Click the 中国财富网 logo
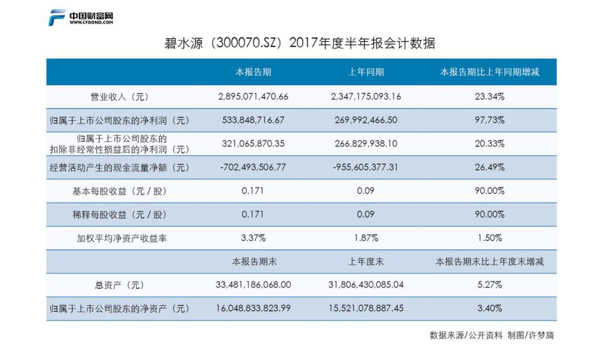pos(81,18)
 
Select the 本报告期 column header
pos(254,73)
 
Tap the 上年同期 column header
pos(366,73)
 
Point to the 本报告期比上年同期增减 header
pos(489,73)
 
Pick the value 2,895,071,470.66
pos(253,97)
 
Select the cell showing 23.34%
pos(489,97)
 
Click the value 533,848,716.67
pos(253,120)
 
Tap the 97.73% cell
pos(489,120)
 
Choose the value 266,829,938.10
pos(366,144)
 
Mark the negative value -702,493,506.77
pos(253,167)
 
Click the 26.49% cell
pos(489,167)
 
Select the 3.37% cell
pos(253,238)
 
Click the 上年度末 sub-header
pos(366,261)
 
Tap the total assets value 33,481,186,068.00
pos(253,285)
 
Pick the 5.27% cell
pos(489,285)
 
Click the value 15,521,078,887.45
pos(366,308)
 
